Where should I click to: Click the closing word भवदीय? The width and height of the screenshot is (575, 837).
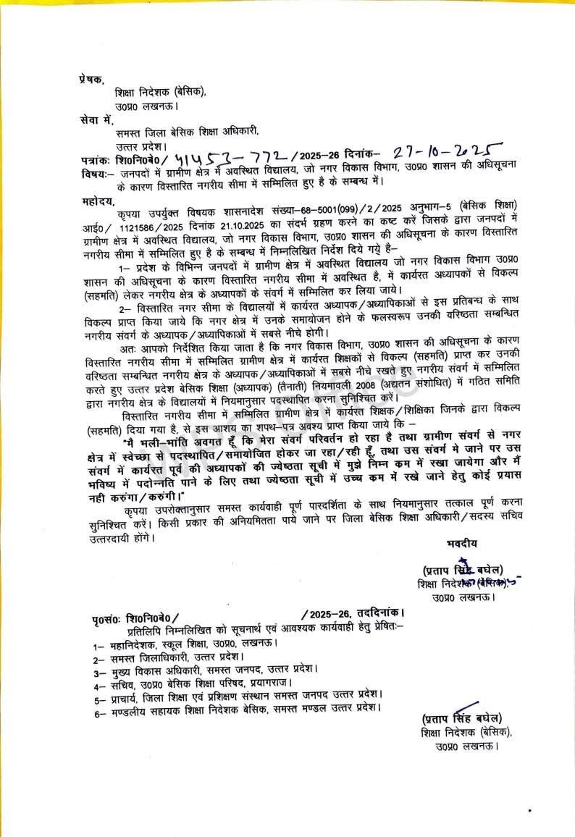(462, 542)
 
